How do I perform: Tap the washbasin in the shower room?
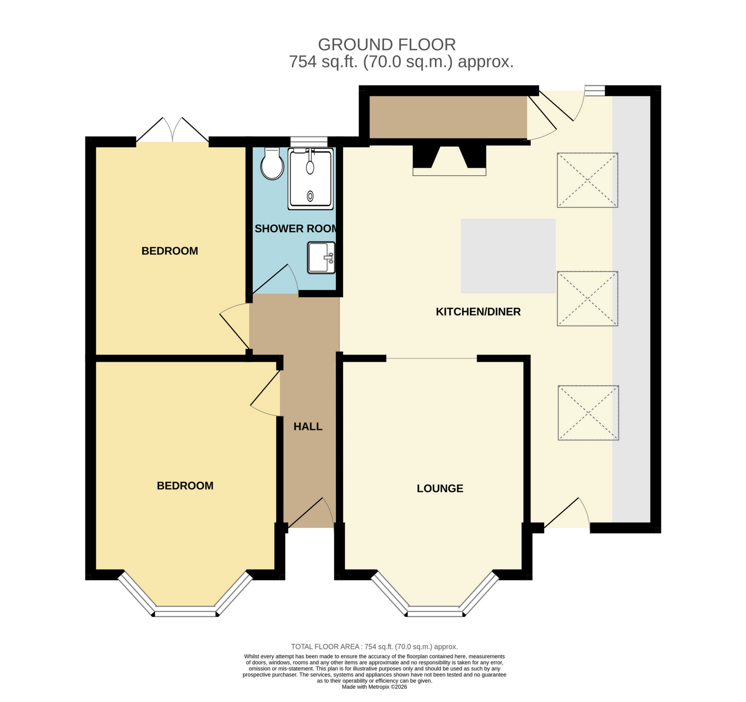pos(322,258)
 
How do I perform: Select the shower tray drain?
pos(310,196)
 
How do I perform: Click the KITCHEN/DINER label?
pos(478,312)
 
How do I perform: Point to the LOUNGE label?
pos(440,488)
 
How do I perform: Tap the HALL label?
pos(308,426)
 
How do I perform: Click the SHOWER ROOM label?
pos(296,228)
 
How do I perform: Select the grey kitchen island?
pos(508,256)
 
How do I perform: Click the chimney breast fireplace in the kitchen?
pos(449,160)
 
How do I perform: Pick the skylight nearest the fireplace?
pos(588,180)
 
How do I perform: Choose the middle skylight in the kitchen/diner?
pos(588,299)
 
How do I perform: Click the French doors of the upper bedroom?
pos(172,130)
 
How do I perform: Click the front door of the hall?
pos(310,513)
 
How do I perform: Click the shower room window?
pos(309,142)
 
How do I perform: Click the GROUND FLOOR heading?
pos(387,45)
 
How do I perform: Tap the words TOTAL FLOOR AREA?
pos(325,647)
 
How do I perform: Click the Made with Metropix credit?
pos(375,687)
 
